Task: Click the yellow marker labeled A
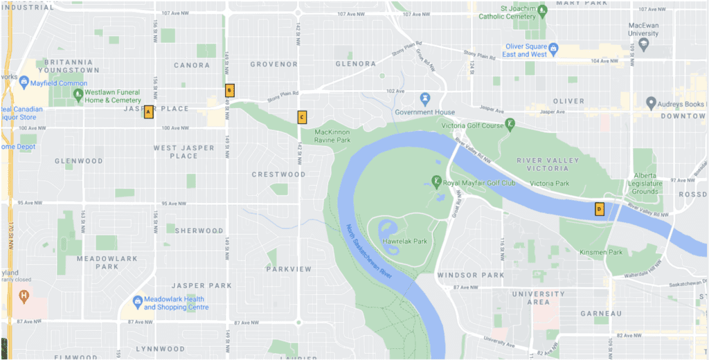pyautogui.click(x=148, y=112)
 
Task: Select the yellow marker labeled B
pyautogui.click(x=230, y=90)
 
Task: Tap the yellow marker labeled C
pyautogui.click(x=302, y=117)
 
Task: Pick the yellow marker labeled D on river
pyautogui.click(x=600, y=208)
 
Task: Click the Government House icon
pyautogui.click(x=425, y=99)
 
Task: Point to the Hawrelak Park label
pyautogui.click(x=406, y=242)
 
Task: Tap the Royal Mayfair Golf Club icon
pyautogui.click(x=436, y=181)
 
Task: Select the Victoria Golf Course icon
pyautogui.click(x=510, y=124)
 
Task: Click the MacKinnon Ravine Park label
pyautogui.click(x=332, y=136)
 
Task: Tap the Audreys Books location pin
pyautogui.click(x=651, y=103)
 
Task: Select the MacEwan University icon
pyautogui.click(x=643, y=43)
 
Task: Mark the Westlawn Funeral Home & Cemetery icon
pyautogui.click(x=78, y=93)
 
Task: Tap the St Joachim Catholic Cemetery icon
pyautogui.click(x=543, y=10)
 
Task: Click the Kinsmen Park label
pyautogui.click(x=601, y=253)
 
